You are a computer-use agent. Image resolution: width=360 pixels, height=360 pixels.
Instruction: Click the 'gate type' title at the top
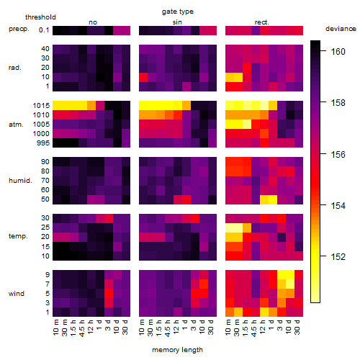(x=178, y=12)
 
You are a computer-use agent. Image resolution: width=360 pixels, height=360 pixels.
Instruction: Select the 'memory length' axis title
(x=177, y=350)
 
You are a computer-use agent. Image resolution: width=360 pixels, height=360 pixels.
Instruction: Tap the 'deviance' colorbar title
(x=341, y=29)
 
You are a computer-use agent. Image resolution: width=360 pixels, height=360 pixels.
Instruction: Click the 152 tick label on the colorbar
(x=338, y=257)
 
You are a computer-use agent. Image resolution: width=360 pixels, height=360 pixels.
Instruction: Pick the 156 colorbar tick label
(x=338, y=154)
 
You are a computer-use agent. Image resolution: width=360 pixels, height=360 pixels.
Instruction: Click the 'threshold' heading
(x=40, y=17)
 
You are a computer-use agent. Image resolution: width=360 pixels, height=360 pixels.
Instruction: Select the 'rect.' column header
(x=261, y=22)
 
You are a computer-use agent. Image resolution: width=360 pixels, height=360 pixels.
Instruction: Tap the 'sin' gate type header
(x=177, y=22)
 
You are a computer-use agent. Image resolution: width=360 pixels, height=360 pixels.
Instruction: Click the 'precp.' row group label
(x=19, y=29)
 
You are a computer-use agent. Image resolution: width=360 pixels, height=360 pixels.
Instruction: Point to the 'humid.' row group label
(x=20, y=181)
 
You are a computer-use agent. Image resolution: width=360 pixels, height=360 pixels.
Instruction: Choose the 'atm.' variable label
(x=16, y=125)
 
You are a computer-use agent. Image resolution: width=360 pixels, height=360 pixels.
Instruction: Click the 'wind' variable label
(x=17, y=294)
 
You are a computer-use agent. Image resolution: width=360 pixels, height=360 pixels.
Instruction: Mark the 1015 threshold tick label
(x=41, y=106)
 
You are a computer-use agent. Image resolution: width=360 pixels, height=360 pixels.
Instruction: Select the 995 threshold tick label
(x=43, y=143)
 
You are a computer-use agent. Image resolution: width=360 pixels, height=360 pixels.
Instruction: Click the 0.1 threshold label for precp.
(x=44, y=30)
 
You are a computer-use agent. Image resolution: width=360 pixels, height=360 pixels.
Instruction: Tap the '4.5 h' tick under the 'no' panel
(x=81, y=328)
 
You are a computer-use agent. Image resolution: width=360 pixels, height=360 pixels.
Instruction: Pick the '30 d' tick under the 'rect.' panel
(x=297, y=327)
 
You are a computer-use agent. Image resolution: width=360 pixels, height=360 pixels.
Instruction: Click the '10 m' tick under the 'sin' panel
(x=142, y=327)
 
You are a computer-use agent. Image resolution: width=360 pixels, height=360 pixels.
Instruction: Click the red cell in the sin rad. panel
(x=143, y=77)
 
